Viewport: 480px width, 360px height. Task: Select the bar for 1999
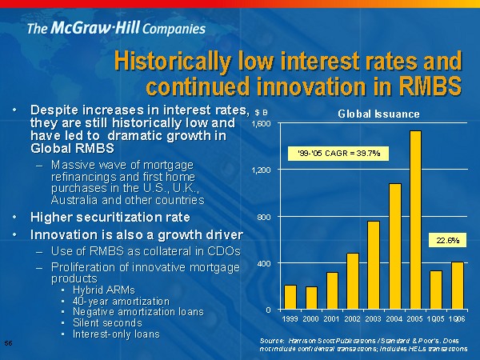(290, 297)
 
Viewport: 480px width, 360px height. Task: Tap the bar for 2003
(374, 265)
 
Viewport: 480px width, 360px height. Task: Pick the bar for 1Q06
(458, 285)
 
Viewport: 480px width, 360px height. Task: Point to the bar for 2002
(353, 281)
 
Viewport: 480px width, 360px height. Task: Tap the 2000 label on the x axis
(311, 319)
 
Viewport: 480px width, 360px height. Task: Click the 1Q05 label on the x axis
(436, 319)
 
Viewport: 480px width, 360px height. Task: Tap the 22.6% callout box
(446, 238)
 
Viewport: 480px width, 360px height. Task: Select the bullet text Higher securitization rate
(110, 217)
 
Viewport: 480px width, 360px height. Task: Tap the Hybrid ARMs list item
(104, 289)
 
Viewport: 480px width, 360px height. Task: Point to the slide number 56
(7, 342)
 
